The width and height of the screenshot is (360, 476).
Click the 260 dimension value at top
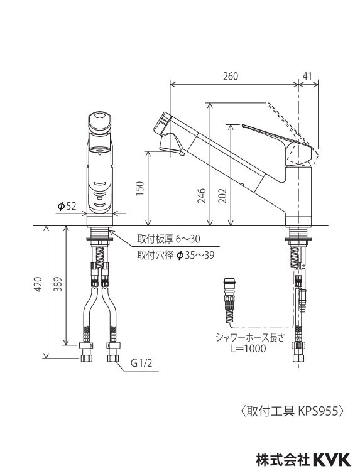pos(231,76)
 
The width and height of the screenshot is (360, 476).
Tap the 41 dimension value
pos(308,76)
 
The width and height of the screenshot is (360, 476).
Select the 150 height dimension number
pos(141,188)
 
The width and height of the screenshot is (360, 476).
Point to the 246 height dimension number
pos(202,197)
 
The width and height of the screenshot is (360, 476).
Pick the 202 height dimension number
pos(224,197)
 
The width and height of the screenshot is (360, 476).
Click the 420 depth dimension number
pos(39,284)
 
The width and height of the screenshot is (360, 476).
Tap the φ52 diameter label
pos(67,206)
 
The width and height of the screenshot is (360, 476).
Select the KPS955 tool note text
pos(291,412)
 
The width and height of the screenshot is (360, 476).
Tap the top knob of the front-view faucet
pos(99,121)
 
